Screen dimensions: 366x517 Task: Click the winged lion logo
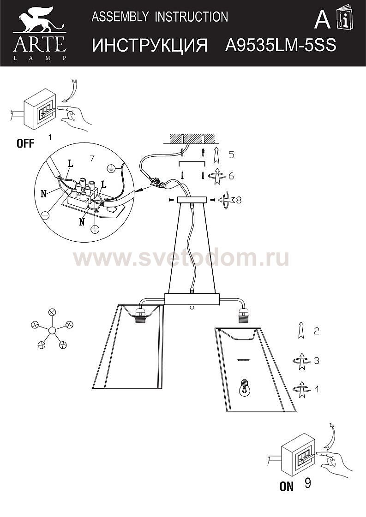click(40, 20)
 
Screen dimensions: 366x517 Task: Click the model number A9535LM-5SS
click(281, 45)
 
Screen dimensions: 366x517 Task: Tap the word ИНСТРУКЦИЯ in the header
click(150, 45)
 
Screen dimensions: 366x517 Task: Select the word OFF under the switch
click(25, 143)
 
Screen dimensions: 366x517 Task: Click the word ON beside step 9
click(286, 487)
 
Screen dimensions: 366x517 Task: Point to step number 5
click(231, 155)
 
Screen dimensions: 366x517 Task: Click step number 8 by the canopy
click(238, 200)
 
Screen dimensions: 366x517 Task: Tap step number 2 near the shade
click(316, 331)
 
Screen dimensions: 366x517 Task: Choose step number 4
click(317, 389)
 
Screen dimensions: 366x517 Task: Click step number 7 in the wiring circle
click(92, 158)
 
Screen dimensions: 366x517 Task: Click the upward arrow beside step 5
click(216, 155)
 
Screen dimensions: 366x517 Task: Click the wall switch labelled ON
click(297, 456)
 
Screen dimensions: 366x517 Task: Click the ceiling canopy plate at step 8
click(192, 200)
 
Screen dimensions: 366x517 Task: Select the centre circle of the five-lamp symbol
click(52, 330)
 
